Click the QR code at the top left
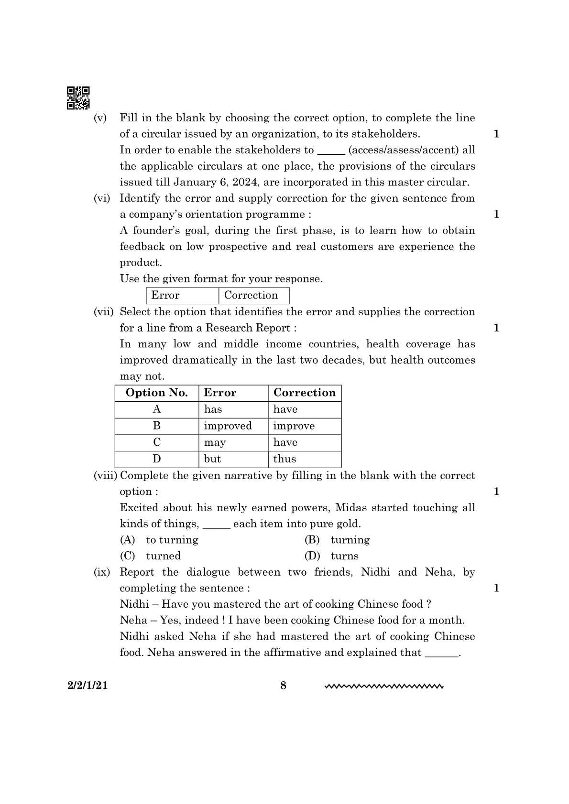78,98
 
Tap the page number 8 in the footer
283,686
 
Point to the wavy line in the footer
384,687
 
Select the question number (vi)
101,198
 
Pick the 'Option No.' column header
156,393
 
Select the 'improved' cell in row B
228,426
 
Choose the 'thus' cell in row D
285,459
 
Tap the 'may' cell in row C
215,442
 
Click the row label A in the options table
157,409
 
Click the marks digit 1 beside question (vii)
496,328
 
